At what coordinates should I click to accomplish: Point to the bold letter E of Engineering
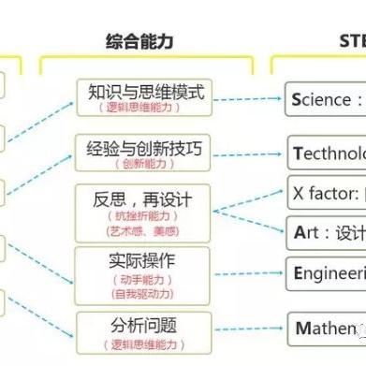click(x=299, y=272)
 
